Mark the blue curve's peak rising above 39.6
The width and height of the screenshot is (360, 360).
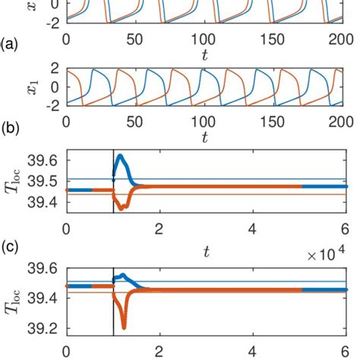click(120, 156)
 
